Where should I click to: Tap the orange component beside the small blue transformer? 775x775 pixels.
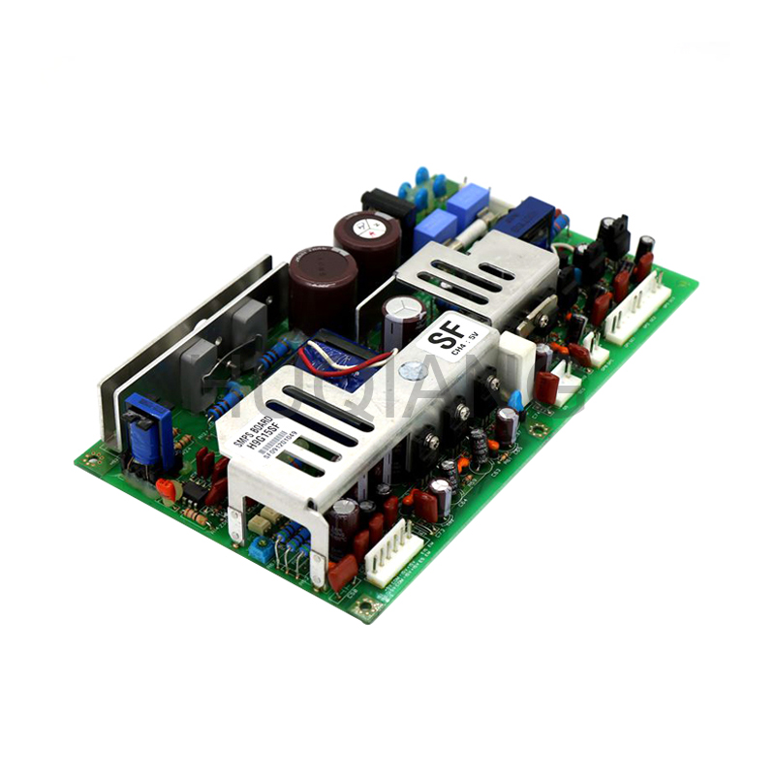tap(167, 488)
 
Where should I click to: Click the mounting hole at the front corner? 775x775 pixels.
tap(365, 607)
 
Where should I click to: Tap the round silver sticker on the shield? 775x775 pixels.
tap(414, 370)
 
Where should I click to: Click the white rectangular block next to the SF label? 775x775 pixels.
tap(515, 358)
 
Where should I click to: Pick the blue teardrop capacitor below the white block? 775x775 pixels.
tap(515, 400)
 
